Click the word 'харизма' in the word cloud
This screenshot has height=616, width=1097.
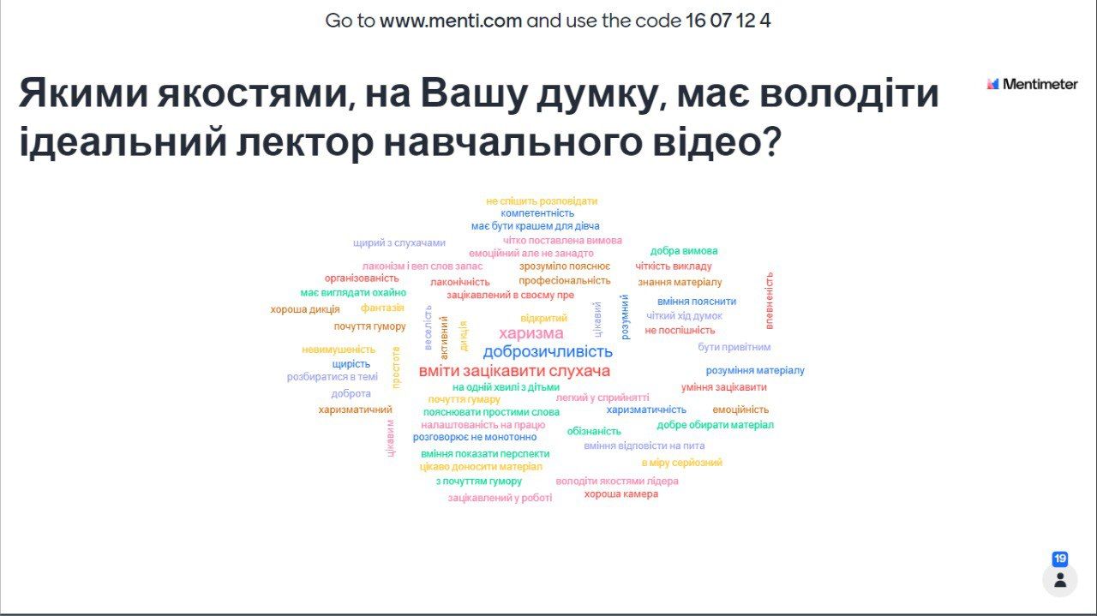[x=531, y=333]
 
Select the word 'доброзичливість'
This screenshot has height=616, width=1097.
[x=548, y=351]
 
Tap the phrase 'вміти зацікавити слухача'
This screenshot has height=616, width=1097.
[x=514, y=371]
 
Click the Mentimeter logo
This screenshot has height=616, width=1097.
[x=1032, y=84]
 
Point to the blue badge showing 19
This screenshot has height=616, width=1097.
[x=1060, y=559]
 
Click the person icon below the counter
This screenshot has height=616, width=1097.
[x=1060, y=580]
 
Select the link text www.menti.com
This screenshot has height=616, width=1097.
[x=451, y=21]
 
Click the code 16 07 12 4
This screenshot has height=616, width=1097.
[x=728, y=21]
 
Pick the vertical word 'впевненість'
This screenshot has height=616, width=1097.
[x=770, y=301]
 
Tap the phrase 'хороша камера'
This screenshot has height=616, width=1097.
[x=621, y=494]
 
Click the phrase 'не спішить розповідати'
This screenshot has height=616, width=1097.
[x=542, y=201]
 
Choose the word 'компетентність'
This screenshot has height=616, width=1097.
[x=537, y=213]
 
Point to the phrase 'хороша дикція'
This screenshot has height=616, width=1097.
[x=304, y=309]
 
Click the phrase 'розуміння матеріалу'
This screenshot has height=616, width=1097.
[x=755, y=371]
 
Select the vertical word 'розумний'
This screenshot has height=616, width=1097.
[x=625, y=317]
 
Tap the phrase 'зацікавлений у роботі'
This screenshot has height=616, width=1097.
[x=500, y=498]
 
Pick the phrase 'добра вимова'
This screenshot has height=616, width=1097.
[x=684, y=251]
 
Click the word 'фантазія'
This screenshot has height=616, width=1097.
[x=382, y=308]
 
